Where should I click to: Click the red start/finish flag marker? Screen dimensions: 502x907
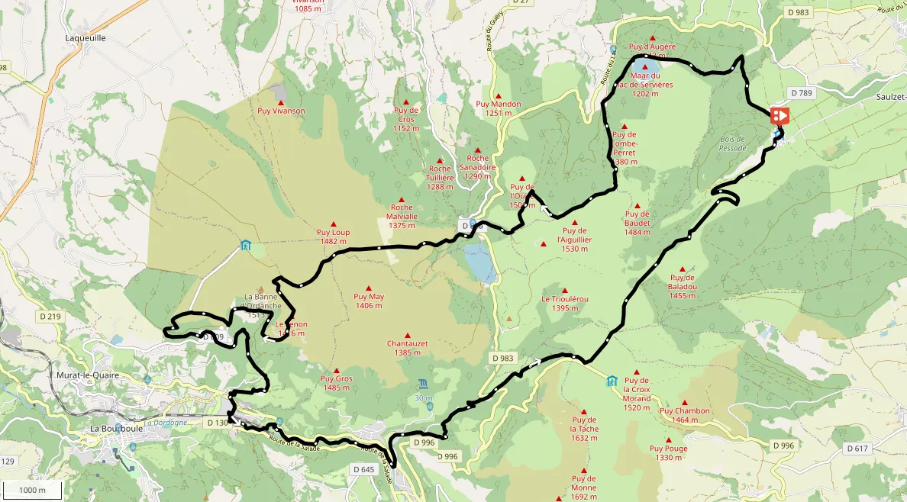[x=780, y=115]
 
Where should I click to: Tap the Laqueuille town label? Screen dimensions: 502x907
[x=86, y=37]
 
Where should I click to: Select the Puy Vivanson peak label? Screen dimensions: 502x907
[x=281, y=111]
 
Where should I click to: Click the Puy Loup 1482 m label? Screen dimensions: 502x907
[x=333, y=237]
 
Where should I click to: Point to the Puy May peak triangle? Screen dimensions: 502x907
[x=369, y=288]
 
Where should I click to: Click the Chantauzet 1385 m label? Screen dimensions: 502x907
[x=407, y=348]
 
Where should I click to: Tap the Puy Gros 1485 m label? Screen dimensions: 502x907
[x=336, y=382]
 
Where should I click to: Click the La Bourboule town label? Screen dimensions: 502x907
[x=112, y=428]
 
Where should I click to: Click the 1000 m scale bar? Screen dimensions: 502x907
[x=32, y=490]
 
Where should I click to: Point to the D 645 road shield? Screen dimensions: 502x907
[x=366, y=469]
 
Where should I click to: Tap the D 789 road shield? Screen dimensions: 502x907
[x=802, y=93]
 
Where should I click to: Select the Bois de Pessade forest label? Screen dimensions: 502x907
[x=733, y=143]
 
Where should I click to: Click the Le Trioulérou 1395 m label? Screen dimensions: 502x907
[x=565, y=303]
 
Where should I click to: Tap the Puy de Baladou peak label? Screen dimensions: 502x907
[x=682, y=286]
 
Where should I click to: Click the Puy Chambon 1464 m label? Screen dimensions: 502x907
[x=685, y=415]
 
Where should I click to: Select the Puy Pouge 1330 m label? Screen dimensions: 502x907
[x=669, y=452]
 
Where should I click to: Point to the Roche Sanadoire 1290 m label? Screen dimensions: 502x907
[x=477, y=167]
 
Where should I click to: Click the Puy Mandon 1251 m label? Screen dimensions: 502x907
[x=498, y=108]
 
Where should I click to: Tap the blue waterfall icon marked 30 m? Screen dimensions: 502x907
[x=424, y=384]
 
